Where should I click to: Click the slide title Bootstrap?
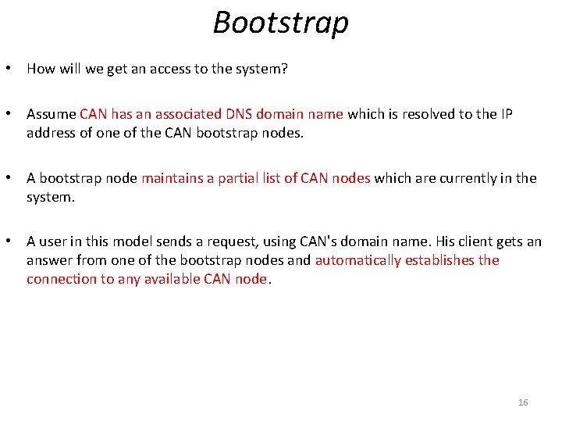point(281,22)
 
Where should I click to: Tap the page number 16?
point(523,402)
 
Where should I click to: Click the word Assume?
point(51,114)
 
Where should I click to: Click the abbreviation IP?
point(507,114)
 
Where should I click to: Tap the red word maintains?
point(173,178)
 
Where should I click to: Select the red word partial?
point(238,178)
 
